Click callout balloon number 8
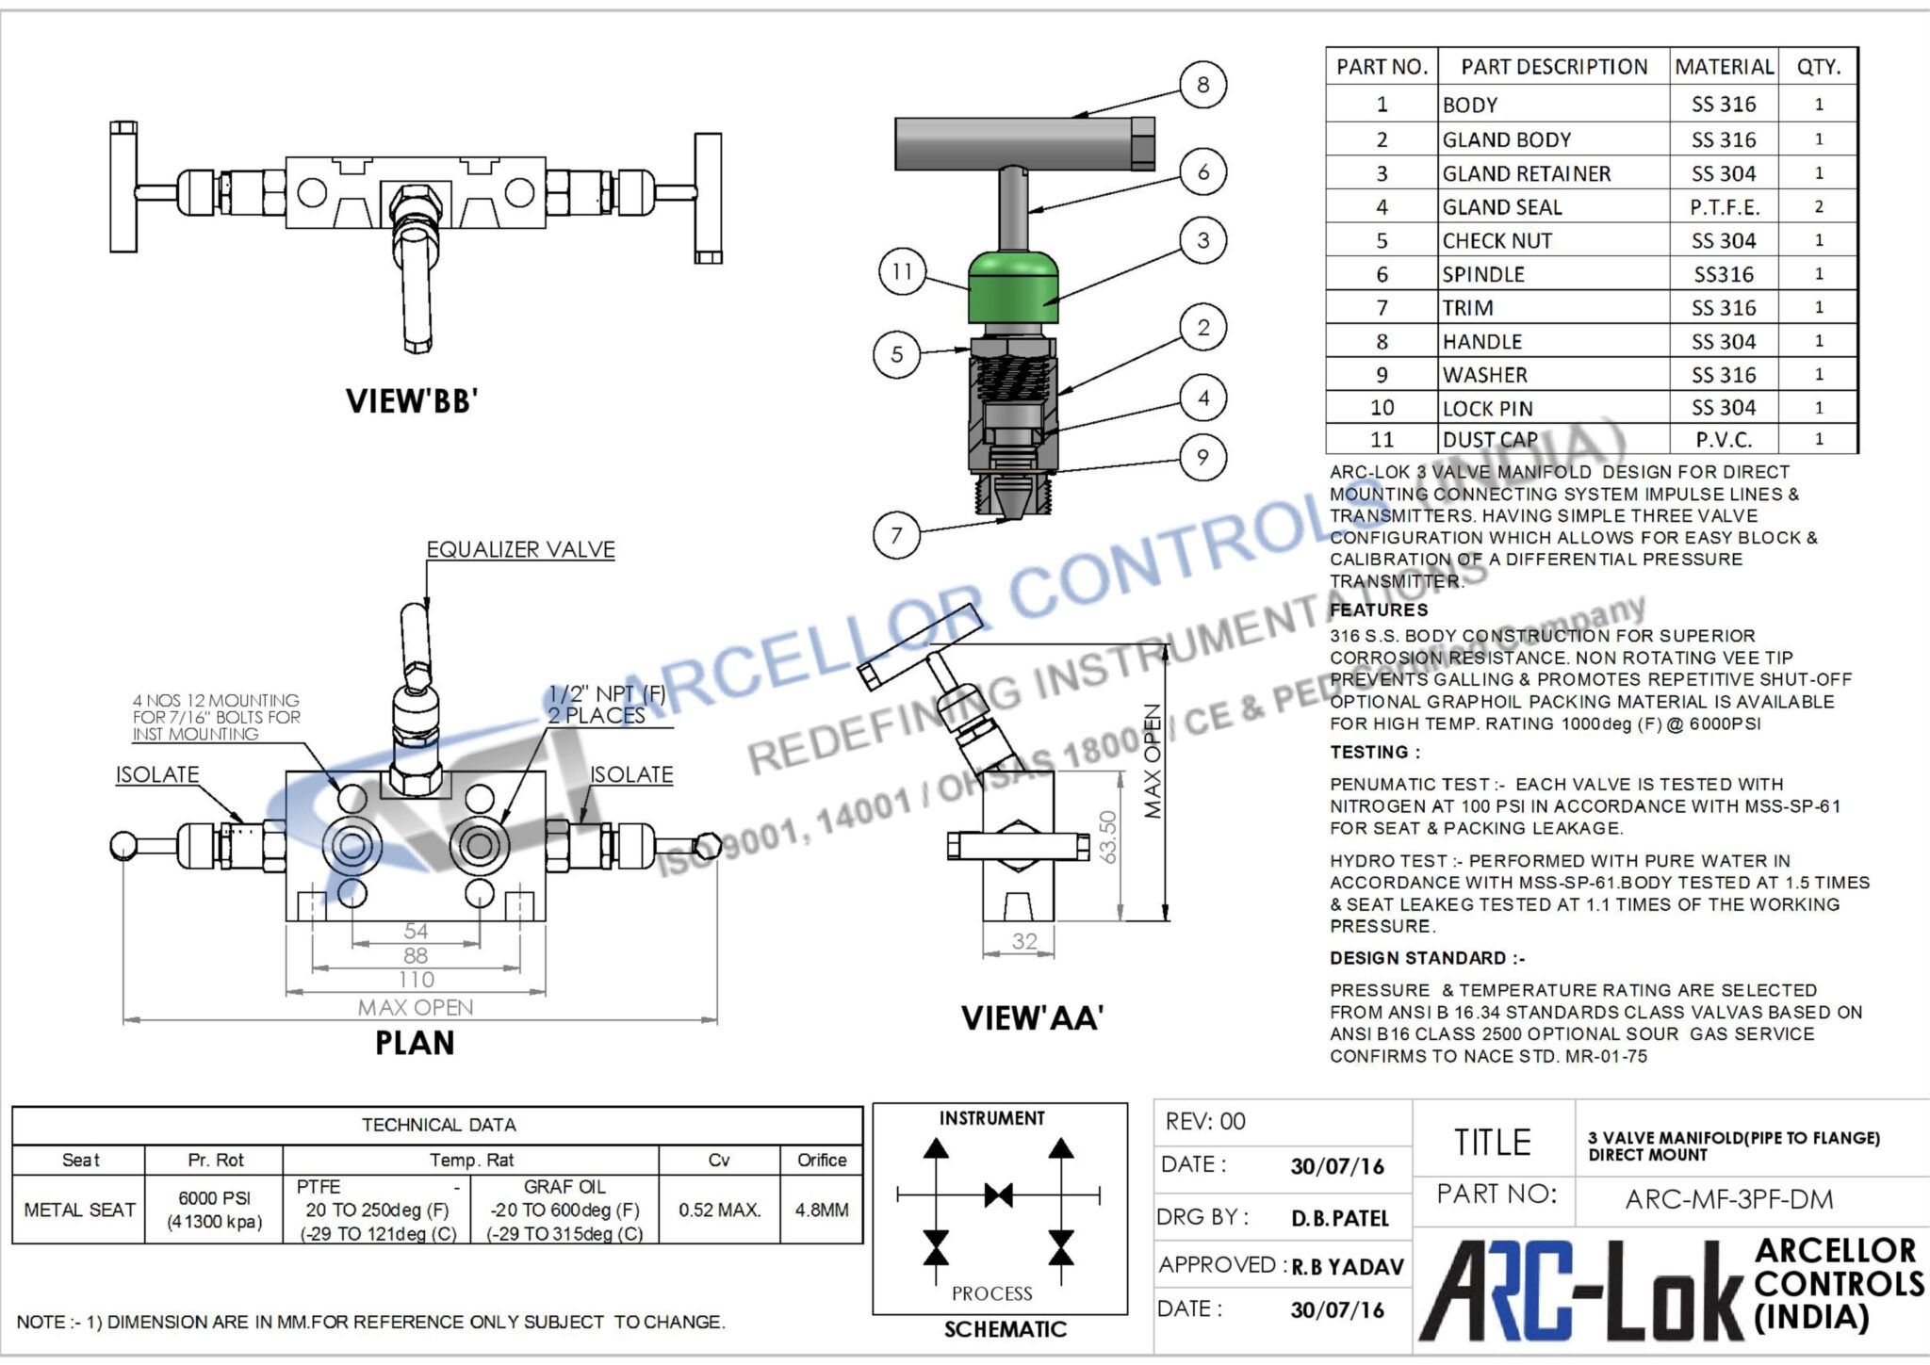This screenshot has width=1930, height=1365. [1202, 85]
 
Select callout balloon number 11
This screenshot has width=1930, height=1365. [902, 271]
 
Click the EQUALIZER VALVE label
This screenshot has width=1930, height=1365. [520, 549]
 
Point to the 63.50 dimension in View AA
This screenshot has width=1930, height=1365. [1108, 837]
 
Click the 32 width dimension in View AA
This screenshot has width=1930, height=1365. [1023, 941]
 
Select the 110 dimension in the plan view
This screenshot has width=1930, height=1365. [416, 980]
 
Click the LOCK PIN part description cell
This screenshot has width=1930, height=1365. [1487, 408]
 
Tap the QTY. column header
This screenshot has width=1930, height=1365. [1818, 67]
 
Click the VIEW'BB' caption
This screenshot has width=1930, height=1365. [412, 401]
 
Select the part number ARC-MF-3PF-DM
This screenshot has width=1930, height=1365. [1729, 1199]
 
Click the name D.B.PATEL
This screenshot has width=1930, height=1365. [1339, 1218]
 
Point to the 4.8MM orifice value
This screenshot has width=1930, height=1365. [821, 1210]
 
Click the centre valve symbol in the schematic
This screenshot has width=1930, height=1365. [998, 1195]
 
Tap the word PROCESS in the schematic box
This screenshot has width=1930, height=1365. [991, 1293]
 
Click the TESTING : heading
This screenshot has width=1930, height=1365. [1374, 752]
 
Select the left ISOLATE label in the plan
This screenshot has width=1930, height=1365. [157, 774]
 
